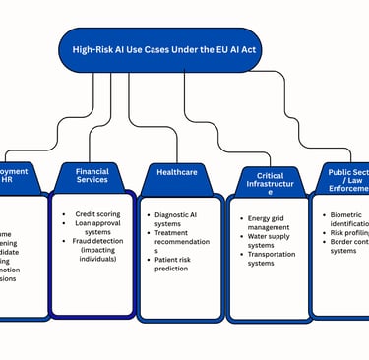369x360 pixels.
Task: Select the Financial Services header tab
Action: coord(92,176)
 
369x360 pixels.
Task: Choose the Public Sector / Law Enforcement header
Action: coord(347,179)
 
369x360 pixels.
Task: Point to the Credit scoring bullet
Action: coord(97,212)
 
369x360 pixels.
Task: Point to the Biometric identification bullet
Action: coord(349,215)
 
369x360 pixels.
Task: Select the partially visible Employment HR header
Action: coord(20,176)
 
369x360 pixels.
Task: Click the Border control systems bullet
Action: coord(350,245)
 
